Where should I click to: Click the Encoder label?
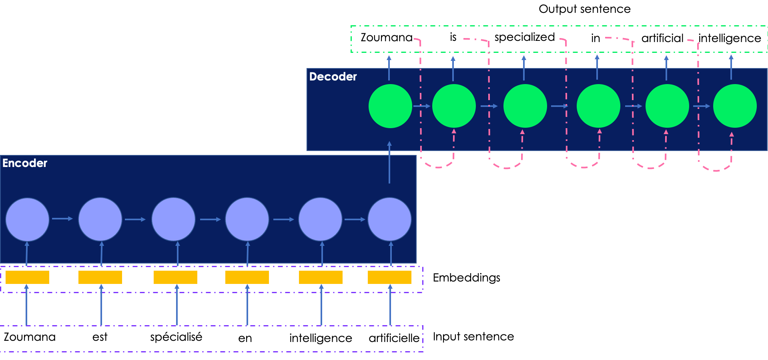pyautogui.click(x=25, y=163)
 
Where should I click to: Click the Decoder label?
pyautogui.click(x=333, y=76)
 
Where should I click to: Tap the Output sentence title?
pyautogui.click(x=584, y=9)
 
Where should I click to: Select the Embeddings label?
pyautogui.click(x=466, y=278)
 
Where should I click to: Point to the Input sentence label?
pyautogui.click(x=473, y=336)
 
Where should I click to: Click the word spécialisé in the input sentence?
pyautogui.click(x=176, y=337)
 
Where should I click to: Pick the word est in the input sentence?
pyautogui.click(x=100, y=337)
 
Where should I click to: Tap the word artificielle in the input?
pyautogui.click(x=394, y=338)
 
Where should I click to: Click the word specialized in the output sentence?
pyautogui.click(x=524, y=37)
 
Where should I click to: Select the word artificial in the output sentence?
pyautogui.click(x=662, y=38)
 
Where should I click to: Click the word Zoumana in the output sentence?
pyautogui.click(x=386, y=37)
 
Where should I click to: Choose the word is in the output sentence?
pyautogui.click(x=453, y=37)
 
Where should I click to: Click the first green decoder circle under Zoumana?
pyautogui.click(x=390, y=106)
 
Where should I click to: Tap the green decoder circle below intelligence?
pyautogui.click(x=735, y=106)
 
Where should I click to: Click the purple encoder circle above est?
pyautogui.click(x=100, y=219)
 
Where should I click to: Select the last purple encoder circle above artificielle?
pyautogui.click(x=389, y=219)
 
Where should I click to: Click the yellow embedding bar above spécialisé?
pyautogui.click(x=175, y=277)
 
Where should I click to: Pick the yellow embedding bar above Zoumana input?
pyautogui.click(x=27, y=277)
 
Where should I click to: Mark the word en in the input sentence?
pyautogui.click(x=245, y=338)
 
